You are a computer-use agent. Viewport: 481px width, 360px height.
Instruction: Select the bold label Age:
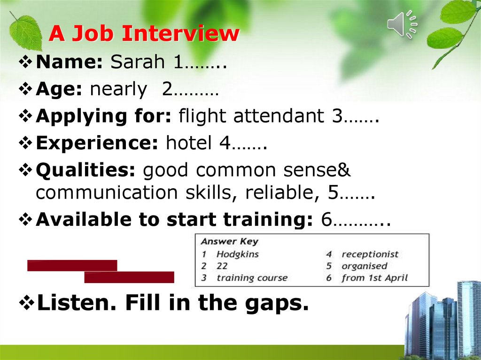60,90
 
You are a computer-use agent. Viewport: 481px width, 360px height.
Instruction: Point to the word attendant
279,116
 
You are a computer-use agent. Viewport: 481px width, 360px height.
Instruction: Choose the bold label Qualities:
86,171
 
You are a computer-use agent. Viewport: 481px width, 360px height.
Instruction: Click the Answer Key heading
230,242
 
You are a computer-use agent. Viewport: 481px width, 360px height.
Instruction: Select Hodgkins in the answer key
237,254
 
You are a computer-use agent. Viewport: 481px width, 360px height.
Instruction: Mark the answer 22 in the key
222,266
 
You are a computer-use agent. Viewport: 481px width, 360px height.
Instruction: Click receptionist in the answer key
370,254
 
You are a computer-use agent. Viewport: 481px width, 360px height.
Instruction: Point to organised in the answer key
364,266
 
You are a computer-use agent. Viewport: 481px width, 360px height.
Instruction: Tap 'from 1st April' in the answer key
374,278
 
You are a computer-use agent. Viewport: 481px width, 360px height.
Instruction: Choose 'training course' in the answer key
251,278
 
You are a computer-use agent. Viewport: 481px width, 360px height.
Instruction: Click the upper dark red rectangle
72,265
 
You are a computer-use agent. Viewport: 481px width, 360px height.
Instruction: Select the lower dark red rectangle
129,277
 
